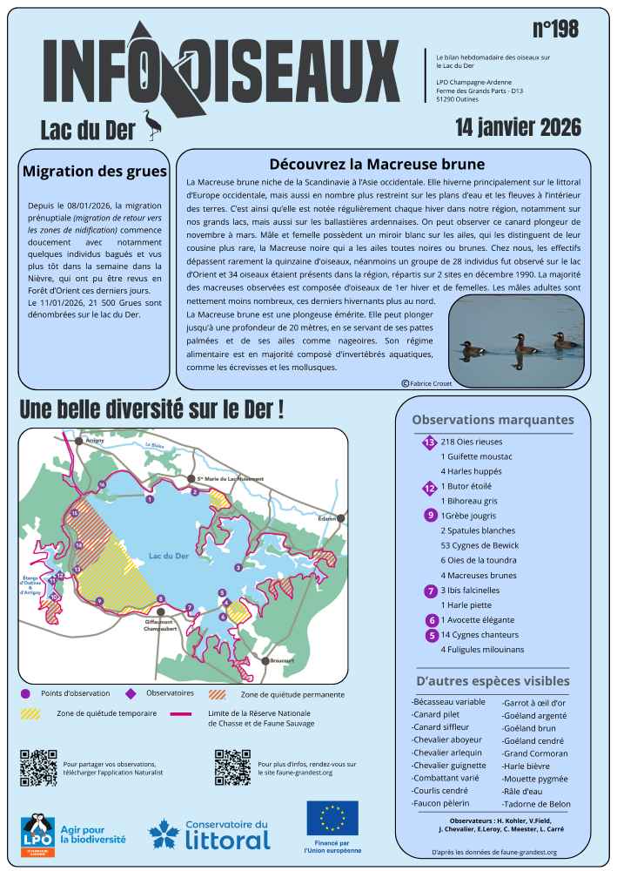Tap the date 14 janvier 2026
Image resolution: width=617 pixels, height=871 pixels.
pyautogui.click(x=518, y=127)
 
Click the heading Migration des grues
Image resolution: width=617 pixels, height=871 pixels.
pyautogui.click(x=93, y=171)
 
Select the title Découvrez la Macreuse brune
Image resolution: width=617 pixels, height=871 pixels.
pyautogui.click(x=377, y=163)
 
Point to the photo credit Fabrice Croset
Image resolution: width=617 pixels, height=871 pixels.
pyautogui.click(x=427, y=383)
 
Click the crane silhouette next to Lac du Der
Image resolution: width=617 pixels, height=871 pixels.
pyautogui.click(x=153, y=125)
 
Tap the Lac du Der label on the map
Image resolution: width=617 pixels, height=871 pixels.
pyautogui.click(x=169, y=556)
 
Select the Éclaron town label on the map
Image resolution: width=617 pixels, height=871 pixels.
pyautogui.click(x=326, y=519)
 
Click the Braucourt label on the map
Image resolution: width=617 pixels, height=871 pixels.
pyautogui.click(x=282, y=661)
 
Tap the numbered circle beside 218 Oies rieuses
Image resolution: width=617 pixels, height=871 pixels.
pyautogui.click(x=428, y=442)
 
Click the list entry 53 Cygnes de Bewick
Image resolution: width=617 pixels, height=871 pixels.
pyautogui.click(x=480, y=545)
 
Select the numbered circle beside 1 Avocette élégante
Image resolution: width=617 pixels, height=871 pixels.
pyautogui.click(x=432, y=620)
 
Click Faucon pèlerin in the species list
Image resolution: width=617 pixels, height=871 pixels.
pyautogui.click(x=440, y=803)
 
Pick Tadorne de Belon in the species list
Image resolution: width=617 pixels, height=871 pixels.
pyautogui.click(x=537, y=803)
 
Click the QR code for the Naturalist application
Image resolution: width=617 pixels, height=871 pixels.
pyautogui.click(x=38, y=767)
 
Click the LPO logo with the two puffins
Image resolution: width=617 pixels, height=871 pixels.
pyautogui.click(x=37, y=834)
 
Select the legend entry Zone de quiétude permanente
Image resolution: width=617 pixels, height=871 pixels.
pyautogui.click(x=292, y=694)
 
